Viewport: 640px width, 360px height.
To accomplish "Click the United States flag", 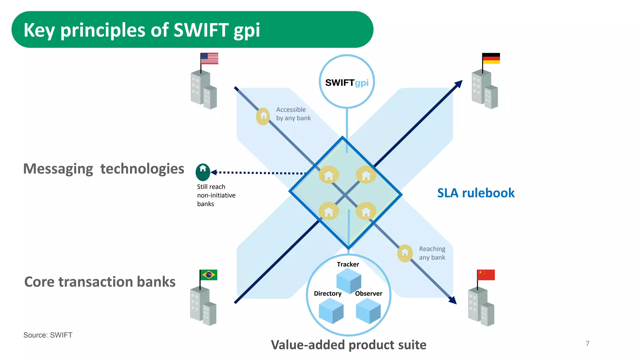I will pos(209,58).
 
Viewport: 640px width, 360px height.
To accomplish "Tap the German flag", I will pos(491,58).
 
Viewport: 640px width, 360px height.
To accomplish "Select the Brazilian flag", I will pos(209,275).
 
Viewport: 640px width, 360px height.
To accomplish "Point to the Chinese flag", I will pos(486,275).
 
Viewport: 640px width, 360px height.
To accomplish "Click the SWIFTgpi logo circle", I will pos(347,82).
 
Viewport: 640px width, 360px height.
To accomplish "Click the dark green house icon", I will pos(203,172).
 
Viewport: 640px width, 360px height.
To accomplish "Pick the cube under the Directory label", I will pos(331,311).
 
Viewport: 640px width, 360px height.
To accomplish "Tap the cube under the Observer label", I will pos(368,311).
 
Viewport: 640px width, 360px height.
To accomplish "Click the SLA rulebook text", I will pos(476,193).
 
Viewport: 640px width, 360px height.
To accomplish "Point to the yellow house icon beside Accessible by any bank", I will pos(263,116).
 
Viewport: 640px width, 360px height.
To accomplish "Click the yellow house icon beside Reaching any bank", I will pos(405,253).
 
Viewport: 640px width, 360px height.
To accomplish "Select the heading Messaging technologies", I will pos(104,169).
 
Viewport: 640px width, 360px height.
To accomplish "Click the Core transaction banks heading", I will pos(100,282).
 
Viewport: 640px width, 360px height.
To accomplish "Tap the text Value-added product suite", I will pos(348,345).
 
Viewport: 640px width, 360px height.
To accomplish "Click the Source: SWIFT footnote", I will pos(48,335).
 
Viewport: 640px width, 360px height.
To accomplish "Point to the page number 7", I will pos(587,343).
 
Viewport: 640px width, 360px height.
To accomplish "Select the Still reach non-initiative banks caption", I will pos(216,195).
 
